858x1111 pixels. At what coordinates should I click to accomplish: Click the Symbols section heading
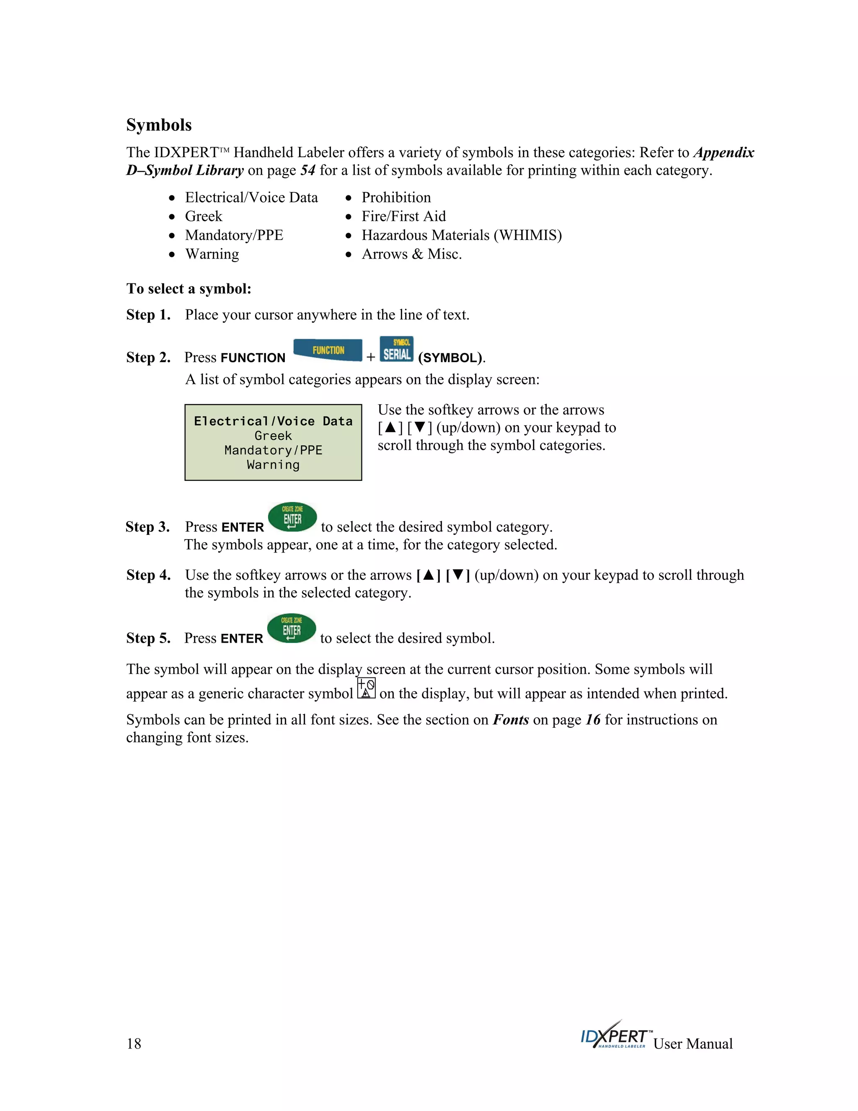(x=159, y=125)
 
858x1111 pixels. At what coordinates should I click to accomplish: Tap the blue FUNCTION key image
(x=328, y=350)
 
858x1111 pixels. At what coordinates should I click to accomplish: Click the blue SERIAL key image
(x=396, y=350)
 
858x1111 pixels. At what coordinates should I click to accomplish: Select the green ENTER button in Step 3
(x=292, y=517)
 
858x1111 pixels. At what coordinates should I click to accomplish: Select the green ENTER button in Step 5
(x=291, y=628)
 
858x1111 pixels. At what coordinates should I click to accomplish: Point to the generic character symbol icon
(x=366, y=688)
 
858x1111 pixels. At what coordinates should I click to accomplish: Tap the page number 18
(x=134, y=1044)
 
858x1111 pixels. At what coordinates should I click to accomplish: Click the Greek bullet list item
(x=203, y=216)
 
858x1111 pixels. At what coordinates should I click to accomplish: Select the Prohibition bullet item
(x=396, y=197)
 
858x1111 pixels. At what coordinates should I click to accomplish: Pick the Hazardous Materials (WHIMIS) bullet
(x=462, y=235)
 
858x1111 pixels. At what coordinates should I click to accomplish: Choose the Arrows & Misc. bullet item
(x=411, y=254)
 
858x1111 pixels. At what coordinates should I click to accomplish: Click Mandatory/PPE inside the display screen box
(x=273, y=450)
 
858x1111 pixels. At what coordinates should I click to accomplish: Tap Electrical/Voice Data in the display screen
(x=273, y=421)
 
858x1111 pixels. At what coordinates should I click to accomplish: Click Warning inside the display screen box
(x=273, y=465)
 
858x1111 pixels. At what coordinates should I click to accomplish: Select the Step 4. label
(x=148, y=575)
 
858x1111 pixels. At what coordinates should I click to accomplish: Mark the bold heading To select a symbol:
(x=189, y=289)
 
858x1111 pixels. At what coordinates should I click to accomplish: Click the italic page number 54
(x=308, y=170)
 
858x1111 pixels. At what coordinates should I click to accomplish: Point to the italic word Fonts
(x=510, y=720)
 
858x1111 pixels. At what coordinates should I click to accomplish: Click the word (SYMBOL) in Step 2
(x=450, y=358)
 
